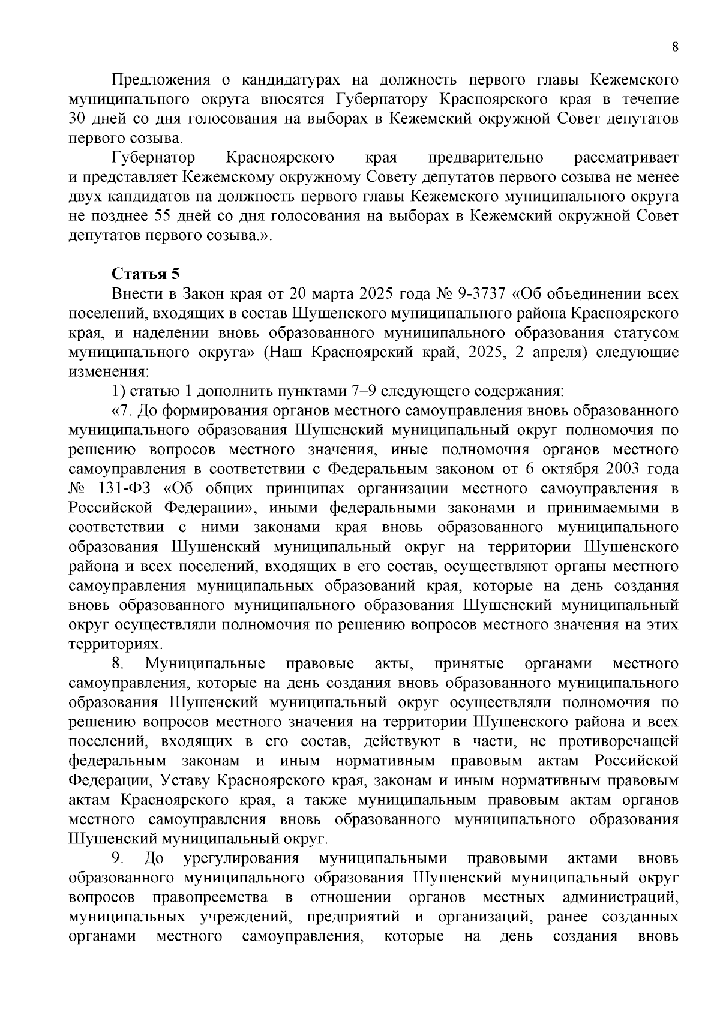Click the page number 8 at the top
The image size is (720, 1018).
pyautogui.click(x=675, y=48)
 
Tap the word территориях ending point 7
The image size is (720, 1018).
pyautogui.click(x=106, y=644)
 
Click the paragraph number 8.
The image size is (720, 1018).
pyautogui.click(x=118, y=664)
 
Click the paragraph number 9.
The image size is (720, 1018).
pyautogui.click(x=118, y=859)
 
